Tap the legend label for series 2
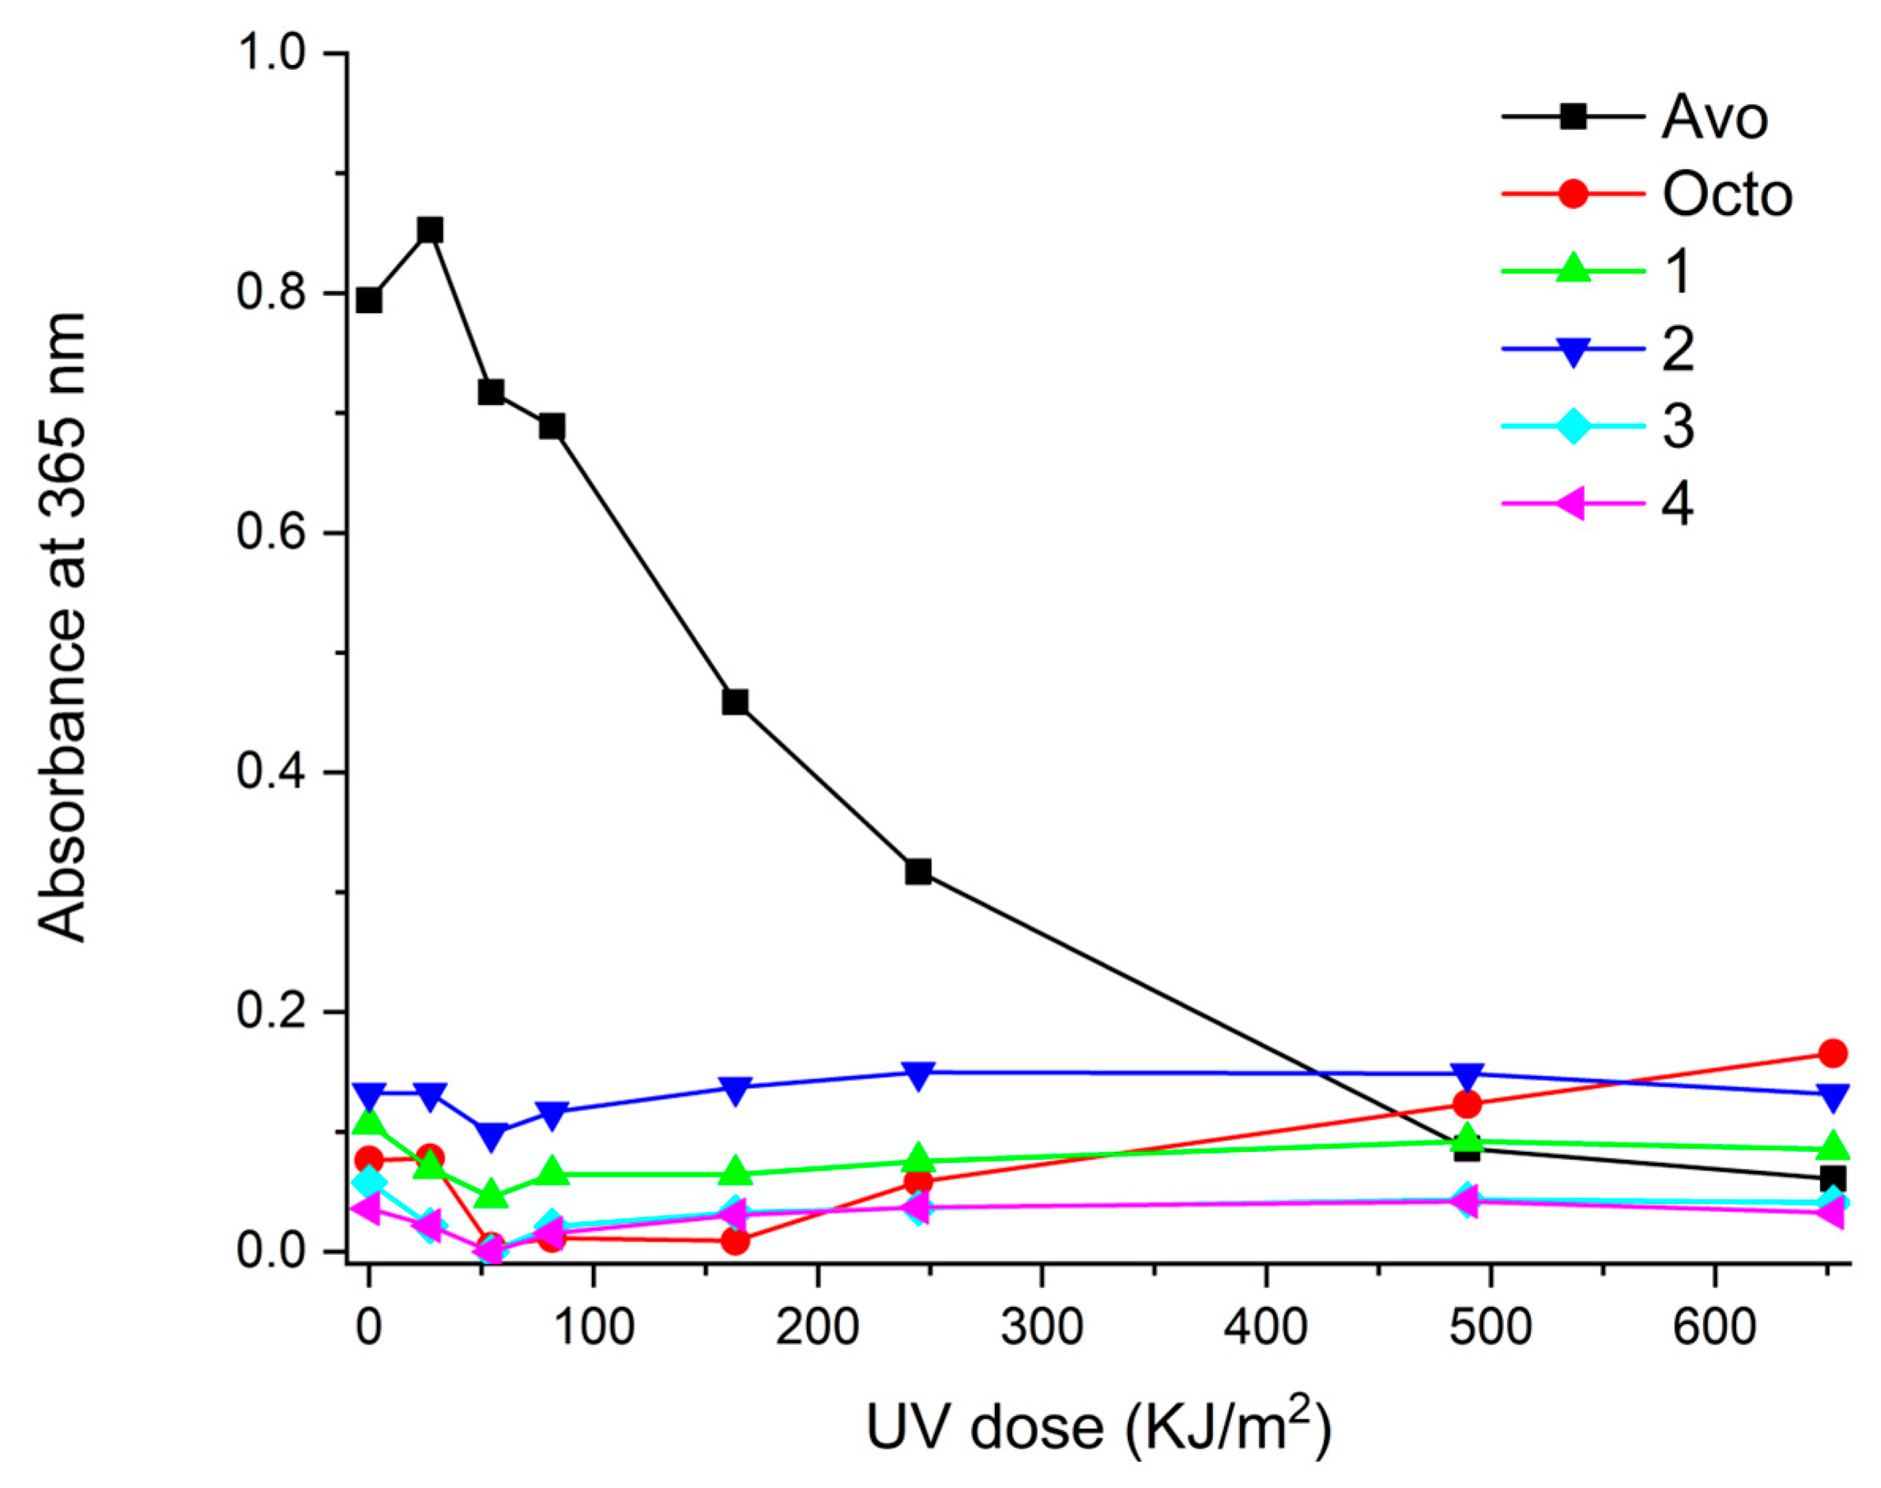[1677, 349]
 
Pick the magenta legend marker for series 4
[1573, 504]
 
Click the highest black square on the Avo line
[430, 231]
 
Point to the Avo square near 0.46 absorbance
[735, 702]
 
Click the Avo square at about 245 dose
[918, 871]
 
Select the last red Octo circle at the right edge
[1833, 1053]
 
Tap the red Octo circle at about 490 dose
[1468, 1105]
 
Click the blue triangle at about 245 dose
[918, 1074]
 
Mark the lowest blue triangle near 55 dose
[491, 1135]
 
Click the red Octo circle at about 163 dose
[735, 1241]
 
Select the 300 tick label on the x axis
[1042, 1327]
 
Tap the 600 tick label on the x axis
[1713, 1327]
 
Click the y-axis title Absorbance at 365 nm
[62, 627]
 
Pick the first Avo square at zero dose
[369, 300]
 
